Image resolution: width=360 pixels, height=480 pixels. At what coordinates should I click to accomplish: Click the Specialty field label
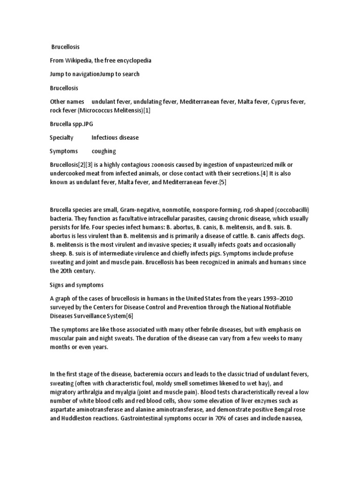(61, 138)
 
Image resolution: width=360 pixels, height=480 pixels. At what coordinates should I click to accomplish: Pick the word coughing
(104, 151)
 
